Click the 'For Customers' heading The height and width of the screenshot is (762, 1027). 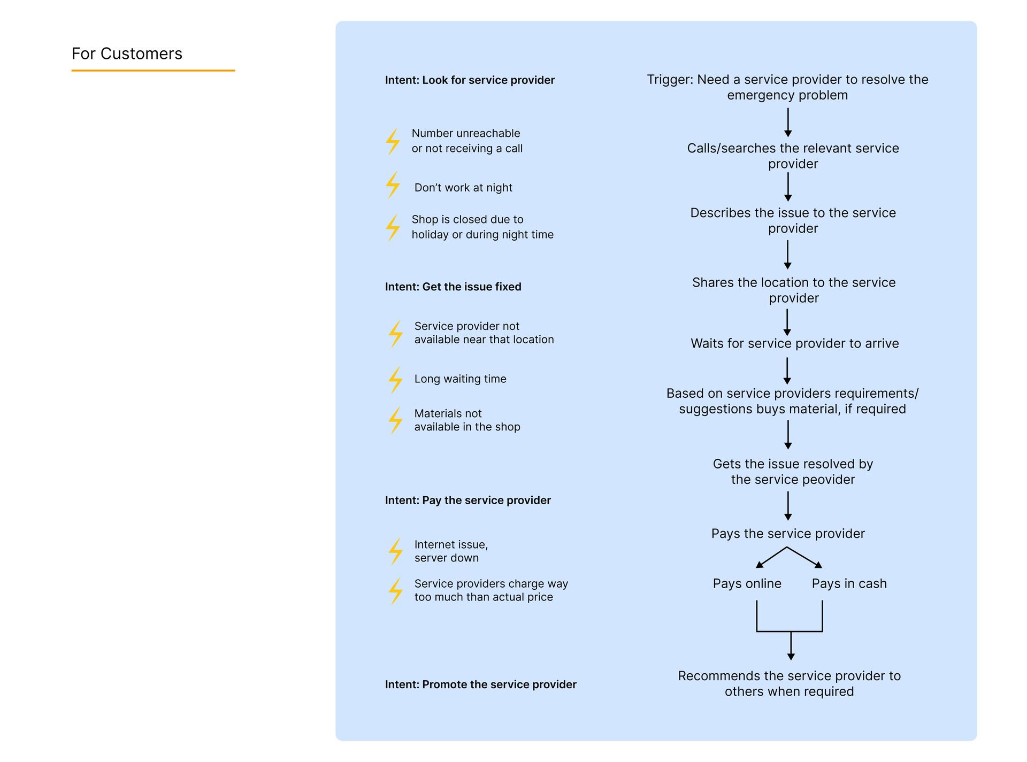pyautogui.click(x=127, y=53)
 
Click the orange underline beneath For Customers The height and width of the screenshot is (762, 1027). pyautogui.click(x=154, y=70)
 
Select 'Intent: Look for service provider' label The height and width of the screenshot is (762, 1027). pyautogui.click(x=470, y=80)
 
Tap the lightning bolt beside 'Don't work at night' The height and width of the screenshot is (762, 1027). pyautogui.click(x=393, y=185)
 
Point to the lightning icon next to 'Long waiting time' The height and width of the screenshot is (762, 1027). pyautogui.click(x=396, y=380)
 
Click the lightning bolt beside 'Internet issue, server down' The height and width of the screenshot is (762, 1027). pyautogui.click(x=396, y=551)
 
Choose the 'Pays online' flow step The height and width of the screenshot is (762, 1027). pyautogui.click(x=747, y=583)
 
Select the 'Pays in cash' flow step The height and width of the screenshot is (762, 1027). pyautogui.click(x=849, y=583)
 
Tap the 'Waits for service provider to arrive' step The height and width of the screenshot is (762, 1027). pyautogui.click(x=794, y=343)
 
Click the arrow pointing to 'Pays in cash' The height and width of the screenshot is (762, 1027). pyautogui.click(x=804, y=557)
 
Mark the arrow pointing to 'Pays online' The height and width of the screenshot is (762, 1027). pyautogui.click(x=771, y=557)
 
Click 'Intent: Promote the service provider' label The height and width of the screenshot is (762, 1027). pyautogui.click(x=480, y=684)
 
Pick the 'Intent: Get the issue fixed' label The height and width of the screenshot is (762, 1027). pyautogui.click(x=453, y=287)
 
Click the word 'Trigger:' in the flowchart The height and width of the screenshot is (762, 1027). pyautogui.click(x=670, y=80)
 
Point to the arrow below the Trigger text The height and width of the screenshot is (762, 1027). pyautogui.click(x=788, y=122)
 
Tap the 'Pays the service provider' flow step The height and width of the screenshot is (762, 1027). pyautogui.click(x=788, y=534)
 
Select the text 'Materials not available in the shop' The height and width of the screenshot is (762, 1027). pyautogui.click(x=467, y=420)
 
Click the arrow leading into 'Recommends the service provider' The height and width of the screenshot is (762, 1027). pyautogui.click(x=791, y=645)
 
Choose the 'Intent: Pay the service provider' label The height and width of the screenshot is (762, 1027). pyautogui.click(x=467, y=501)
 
